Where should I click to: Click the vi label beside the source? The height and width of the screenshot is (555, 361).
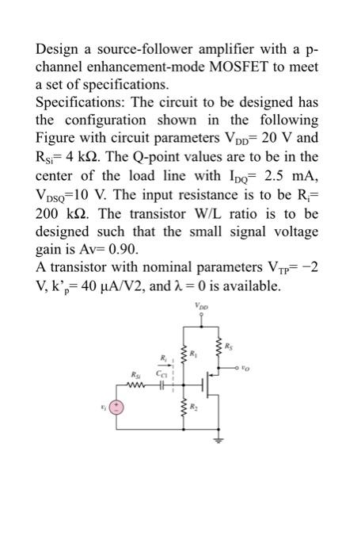[98, 410]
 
